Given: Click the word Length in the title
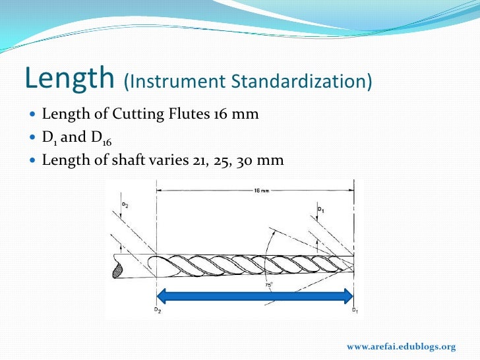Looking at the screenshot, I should [x=69, y=79].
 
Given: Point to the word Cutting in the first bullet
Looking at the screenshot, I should [x=135, y=114].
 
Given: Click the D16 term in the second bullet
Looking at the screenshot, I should [x=96, y=138].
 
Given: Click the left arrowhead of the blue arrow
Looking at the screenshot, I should [x=162, y=296].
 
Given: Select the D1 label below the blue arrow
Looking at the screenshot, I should [x=355, y=310].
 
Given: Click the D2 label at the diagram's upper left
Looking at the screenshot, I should [x=124, y=205].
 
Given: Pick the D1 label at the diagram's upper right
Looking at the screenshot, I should [x=321, y=210].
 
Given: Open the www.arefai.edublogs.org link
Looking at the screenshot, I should [x=401, y=347].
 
